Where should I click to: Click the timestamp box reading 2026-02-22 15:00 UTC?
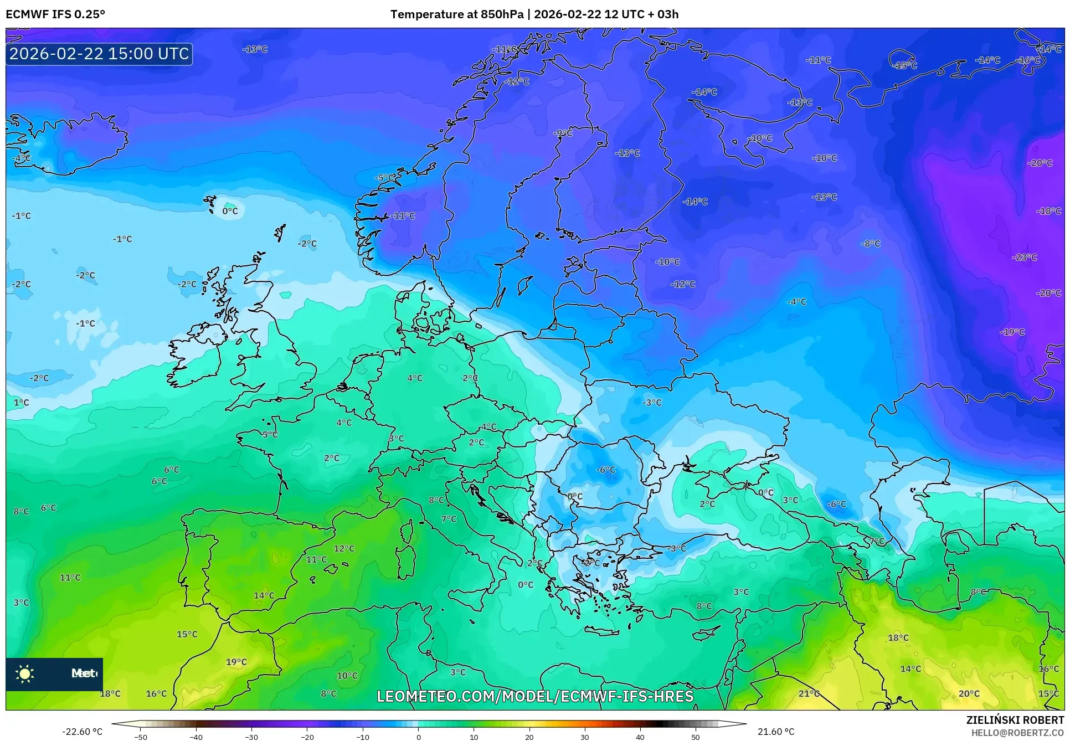coord(99,54)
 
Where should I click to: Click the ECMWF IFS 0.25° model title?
coord(55,14)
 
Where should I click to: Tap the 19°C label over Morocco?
coord(236,662)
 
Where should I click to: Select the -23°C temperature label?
coord(1024,257)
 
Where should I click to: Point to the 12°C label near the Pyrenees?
coord(344,548)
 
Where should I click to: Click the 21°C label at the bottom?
coord(809,693)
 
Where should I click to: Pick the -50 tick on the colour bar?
coord(141,737)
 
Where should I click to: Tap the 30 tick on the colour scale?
coord(585,737)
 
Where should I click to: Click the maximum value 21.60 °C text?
coord(775,732)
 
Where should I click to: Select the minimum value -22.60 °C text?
coord(82,732)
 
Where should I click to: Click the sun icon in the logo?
coord(25,673)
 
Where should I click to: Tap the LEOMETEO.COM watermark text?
coord(534,696)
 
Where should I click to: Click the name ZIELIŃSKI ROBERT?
coord(1015,720)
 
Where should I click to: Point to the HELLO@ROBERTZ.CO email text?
coord(1017,733)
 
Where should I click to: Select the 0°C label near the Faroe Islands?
coord(230,211)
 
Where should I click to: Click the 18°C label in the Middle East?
coord(898,637)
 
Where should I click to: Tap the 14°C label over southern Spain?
coord(264,595)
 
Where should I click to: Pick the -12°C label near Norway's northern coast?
coord(517,81)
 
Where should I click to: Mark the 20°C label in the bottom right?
coord(969,693)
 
